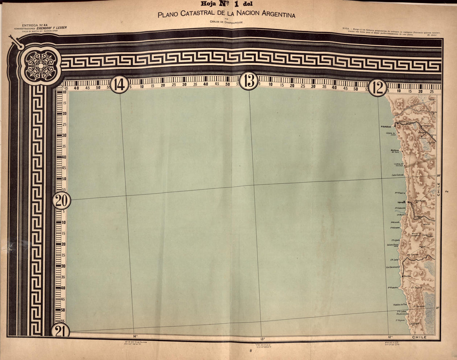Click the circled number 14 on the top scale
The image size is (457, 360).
click(119, 84)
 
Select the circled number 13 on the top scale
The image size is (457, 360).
click(249, 81)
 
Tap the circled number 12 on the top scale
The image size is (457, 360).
click(378, 87)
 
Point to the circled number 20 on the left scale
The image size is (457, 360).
click(61, 201)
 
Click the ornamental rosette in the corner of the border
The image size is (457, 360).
click(40, 65)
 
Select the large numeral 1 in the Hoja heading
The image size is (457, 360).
click(236, 5)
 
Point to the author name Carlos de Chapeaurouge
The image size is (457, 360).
click(227, 22)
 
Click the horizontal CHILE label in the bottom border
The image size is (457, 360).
click(420, 337)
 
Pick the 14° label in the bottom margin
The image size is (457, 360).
click(135, 336)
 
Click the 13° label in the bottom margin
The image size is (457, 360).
click(262, 339)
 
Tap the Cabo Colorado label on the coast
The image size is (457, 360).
click(398, 175)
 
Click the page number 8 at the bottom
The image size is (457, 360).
click(251, 351)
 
